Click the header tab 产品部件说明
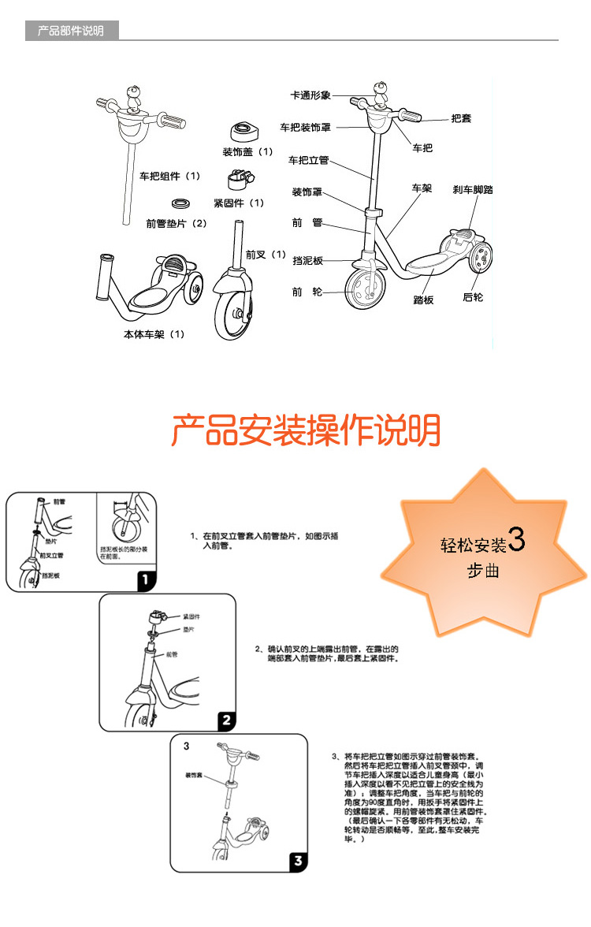point(71,32)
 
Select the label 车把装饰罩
point(306,127)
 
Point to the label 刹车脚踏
point(473,190)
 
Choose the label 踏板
point(424,300)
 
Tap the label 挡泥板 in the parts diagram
point(307,260)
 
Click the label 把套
point(462,119)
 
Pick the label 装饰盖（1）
point(247,151)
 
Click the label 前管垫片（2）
point(176,223)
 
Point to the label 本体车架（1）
point(154,334)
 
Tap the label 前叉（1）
point(266,255)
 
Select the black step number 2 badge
point(225,720)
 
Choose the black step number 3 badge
point(298,860)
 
